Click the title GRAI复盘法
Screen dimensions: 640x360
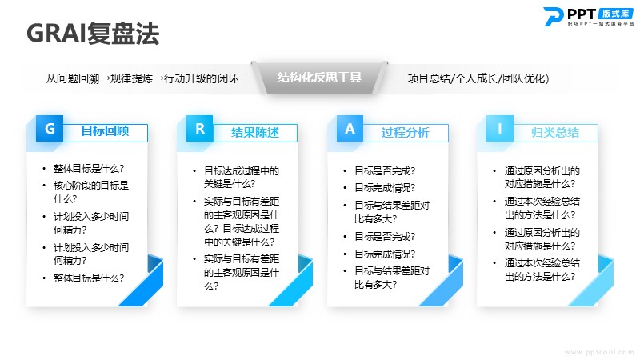(x=93, y=33)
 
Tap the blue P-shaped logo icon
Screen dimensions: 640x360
(x=554, y=16)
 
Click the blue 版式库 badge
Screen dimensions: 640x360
(x=615, y=14)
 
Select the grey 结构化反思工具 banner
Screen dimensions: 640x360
(x=319, y=77)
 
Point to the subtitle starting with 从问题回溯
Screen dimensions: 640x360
(x=142, y=78)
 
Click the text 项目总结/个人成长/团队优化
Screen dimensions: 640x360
(x=478, y=78)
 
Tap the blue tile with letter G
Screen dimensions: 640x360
(x=50, y=129)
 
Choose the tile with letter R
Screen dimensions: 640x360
(x=199, y=129)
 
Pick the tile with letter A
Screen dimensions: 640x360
(x=350, y=129)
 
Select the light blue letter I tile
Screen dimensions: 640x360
(x=499, y=129)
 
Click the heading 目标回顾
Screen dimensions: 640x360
(x=105, y=131)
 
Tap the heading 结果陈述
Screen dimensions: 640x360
(x=255, y=132)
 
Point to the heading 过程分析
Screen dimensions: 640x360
(x=406, y=132)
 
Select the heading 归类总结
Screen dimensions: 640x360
(x=555, y=132)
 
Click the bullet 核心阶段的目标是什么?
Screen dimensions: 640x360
(x=91, y=192)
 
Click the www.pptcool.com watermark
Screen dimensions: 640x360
(x=599, y=352)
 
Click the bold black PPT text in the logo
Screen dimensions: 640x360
(x=582, y=14)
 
